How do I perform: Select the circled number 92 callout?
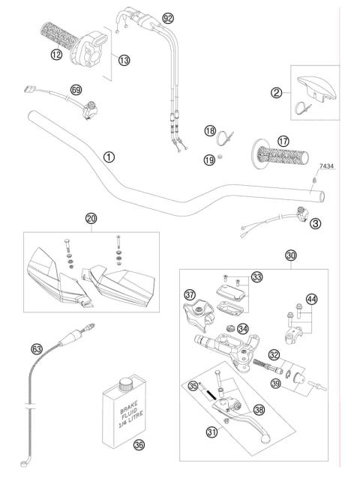[167, 17]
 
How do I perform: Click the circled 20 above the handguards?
[91, 219]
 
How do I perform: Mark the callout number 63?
[36, 349]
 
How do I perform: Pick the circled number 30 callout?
[291, 255]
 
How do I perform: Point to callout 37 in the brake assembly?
[190, 294]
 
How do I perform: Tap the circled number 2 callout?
[277, 93]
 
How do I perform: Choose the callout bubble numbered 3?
[316, 223]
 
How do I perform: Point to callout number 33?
[257, 276]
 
